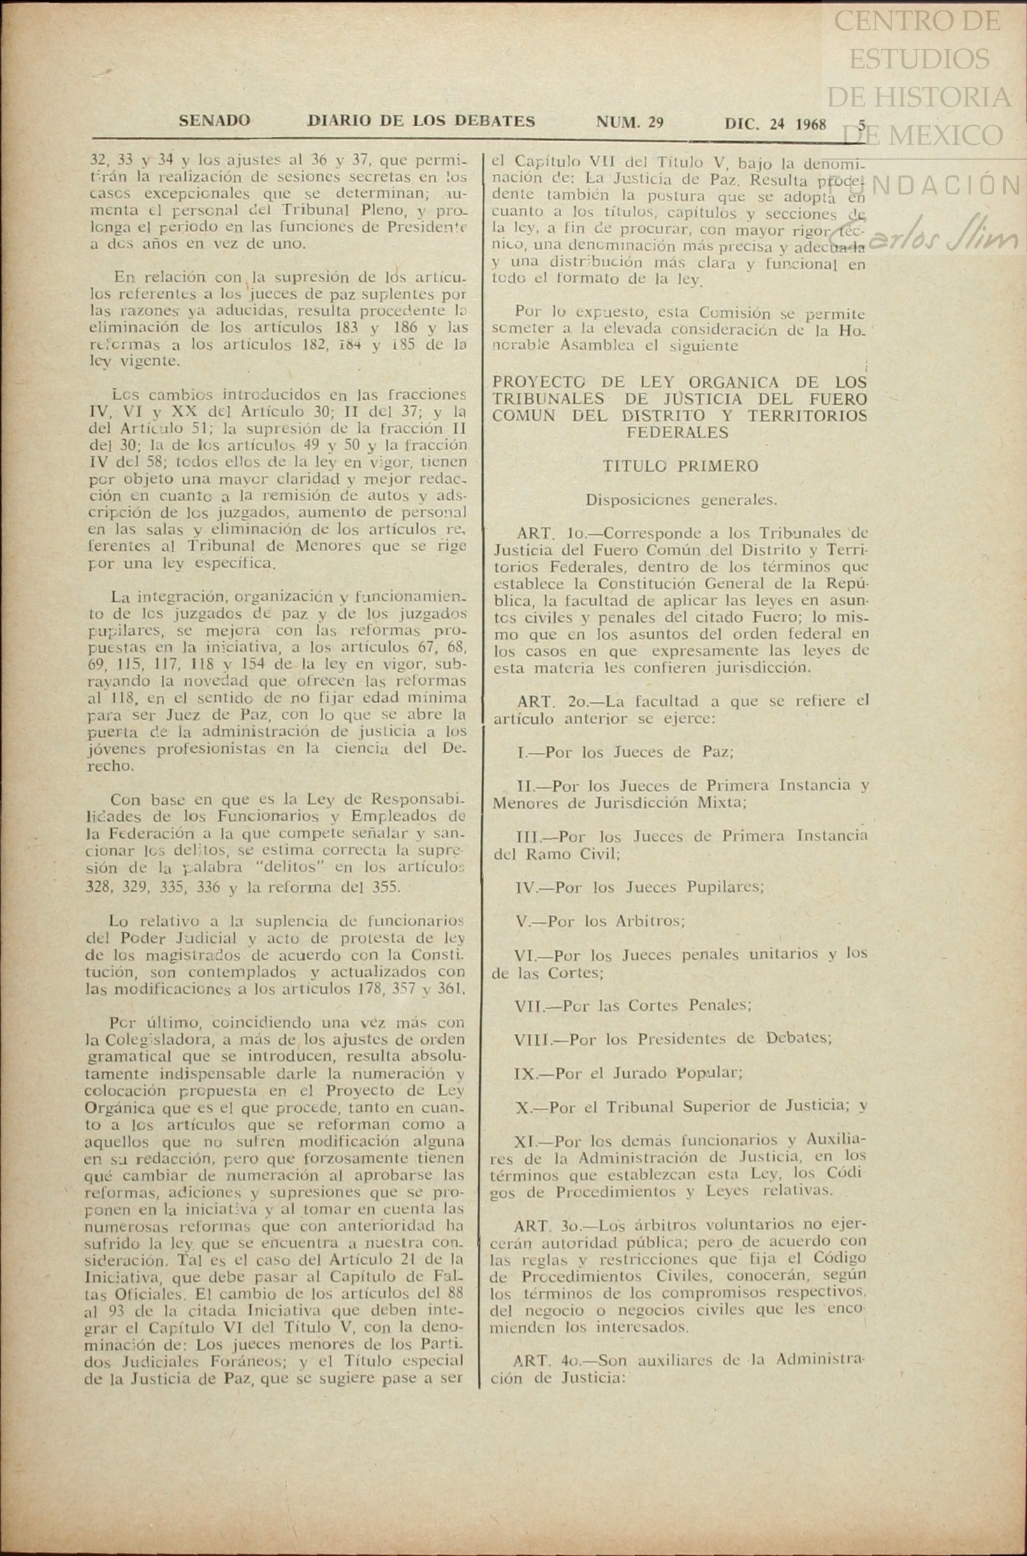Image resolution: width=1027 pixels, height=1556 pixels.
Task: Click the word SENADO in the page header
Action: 214,121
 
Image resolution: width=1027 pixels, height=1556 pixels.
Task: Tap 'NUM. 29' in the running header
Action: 629,123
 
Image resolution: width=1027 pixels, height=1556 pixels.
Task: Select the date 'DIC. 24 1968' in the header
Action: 775,124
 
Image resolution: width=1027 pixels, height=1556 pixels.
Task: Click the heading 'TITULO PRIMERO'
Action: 680,466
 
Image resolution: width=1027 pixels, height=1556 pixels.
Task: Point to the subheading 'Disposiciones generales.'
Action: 680,500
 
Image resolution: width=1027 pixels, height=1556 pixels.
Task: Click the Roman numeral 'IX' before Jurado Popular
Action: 525,1073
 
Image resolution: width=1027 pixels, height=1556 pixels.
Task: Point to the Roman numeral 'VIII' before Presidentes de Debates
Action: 532,1039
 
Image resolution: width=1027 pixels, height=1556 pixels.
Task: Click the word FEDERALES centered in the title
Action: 677,433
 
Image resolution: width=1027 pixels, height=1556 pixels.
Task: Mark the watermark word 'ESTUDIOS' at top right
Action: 919,59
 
